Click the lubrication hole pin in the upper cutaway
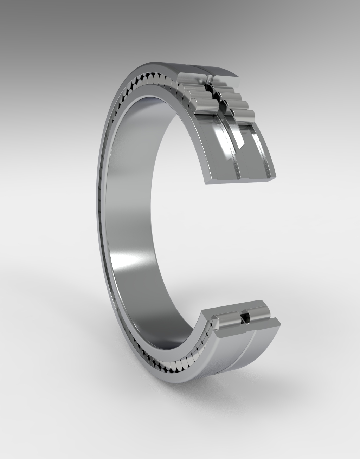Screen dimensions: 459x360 (x=210, y=79)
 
